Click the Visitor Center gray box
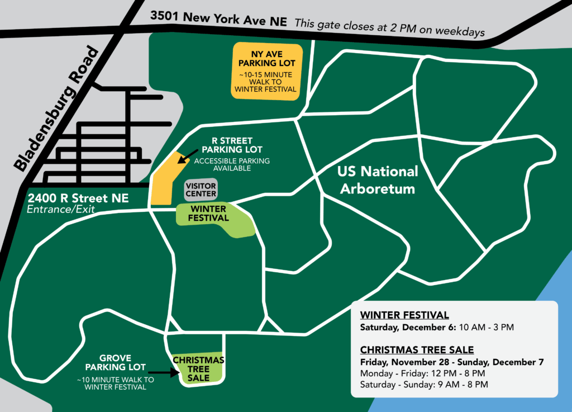click(201, 190)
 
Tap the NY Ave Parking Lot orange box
click(265, 71)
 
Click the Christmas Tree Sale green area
click(198, 368)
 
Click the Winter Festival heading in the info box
click(404, 314)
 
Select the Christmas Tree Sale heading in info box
click(417, 350)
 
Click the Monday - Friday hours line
click(423, 373)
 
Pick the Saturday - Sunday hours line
click(424, 385)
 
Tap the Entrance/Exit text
click(61, 210)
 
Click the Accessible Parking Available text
click(232, 164)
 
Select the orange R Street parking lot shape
click(163, 180)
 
